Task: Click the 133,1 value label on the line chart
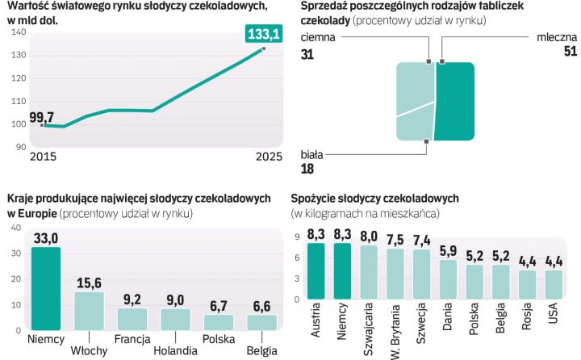click(x=262, y=34)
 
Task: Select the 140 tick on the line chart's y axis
click(x=19, y=32)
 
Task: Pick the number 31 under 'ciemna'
click(x=307, y=53)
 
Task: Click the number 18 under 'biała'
click(x=307, y=169)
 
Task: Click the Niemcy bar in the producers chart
click(x=45, y=287)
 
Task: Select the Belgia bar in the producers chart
click(x=262, y=321)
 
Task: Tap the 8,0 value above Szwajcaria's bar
click(x=369, y=237)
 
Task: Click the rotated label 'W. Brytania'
click(x=395, y=332)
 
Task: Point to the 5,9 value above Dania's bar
click(x=449, y=251)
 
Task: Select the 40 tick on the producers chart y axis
click(x=15, y=229)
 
